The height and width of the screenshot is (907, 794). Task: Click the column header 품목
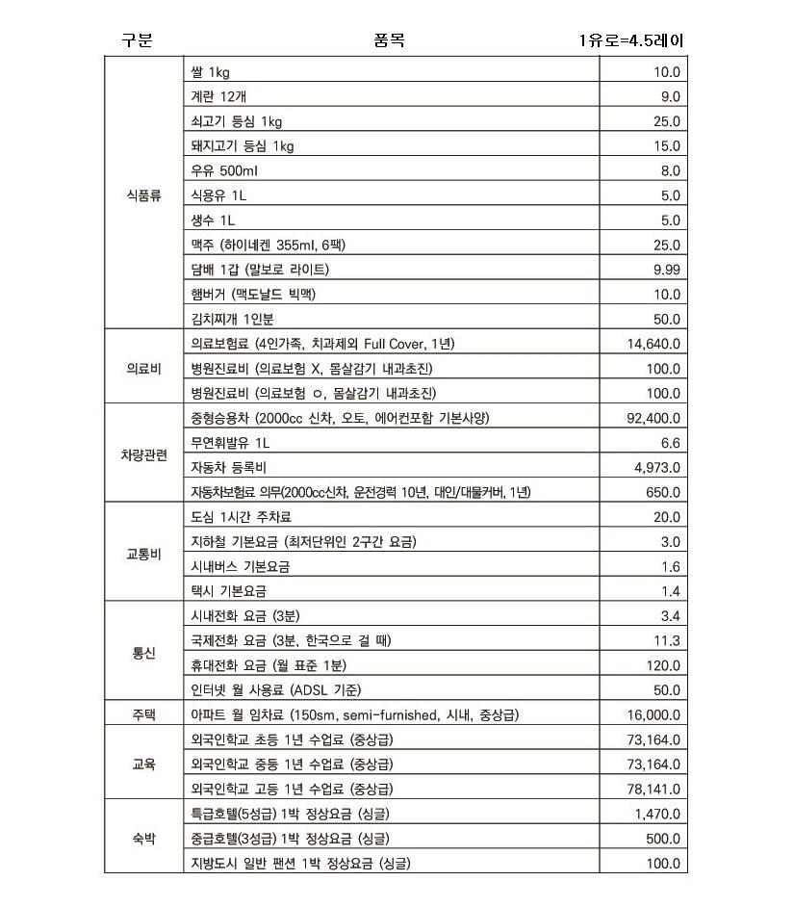[x=389, y=40]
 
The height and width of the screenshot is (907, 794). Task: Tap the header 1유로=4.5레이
[x=631, y=40]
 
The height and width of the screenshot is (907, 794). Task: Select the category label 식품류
[x=143, y=195]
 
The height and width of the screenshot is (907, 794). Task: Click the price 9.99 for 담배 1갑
[x=666, y=270]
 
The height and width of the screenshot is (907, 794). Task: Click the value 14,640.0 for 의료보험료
[x=653, y=344]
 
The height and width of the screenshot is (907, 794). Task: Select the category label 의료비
[x=143, y=368]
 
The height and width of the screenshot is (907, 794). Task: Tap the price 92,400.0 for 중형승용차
[x=653, y=418]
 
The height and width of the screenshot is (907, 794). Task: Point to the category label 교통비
[x=143, y=555]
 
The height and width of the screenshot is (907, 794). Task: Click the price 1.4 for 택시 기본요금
[x=671, y=591]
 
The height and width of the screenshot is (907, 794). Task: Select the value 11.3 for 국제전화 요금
[x=667, y=640]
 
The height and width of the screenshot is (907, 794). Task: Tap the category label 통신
[x=143, y=653]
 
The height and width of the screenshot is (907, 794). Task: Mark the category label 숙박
[x=143, y=838]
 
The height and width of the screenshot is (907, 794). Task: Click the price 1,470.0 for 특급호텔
[x=657, y=814]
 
